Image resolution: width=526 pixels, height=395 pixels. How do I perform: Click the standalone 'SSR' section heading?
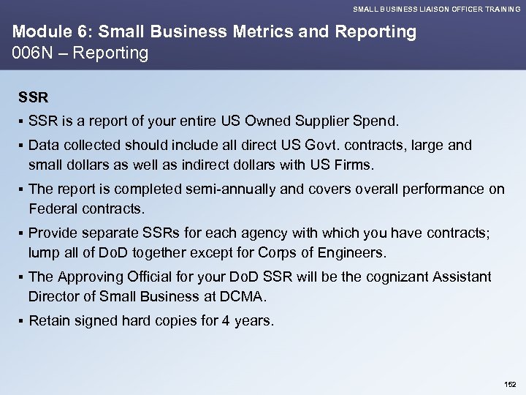pyautogui.click(x=32, y=97)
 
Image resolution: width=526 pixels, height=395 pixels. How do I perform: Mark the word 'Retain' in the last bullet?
pyautogui.click(x=50, y=321)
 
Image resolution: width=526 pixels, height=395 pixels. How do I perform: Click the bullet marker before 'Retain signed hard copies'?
pyautogui.click(x=21, y=321)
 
